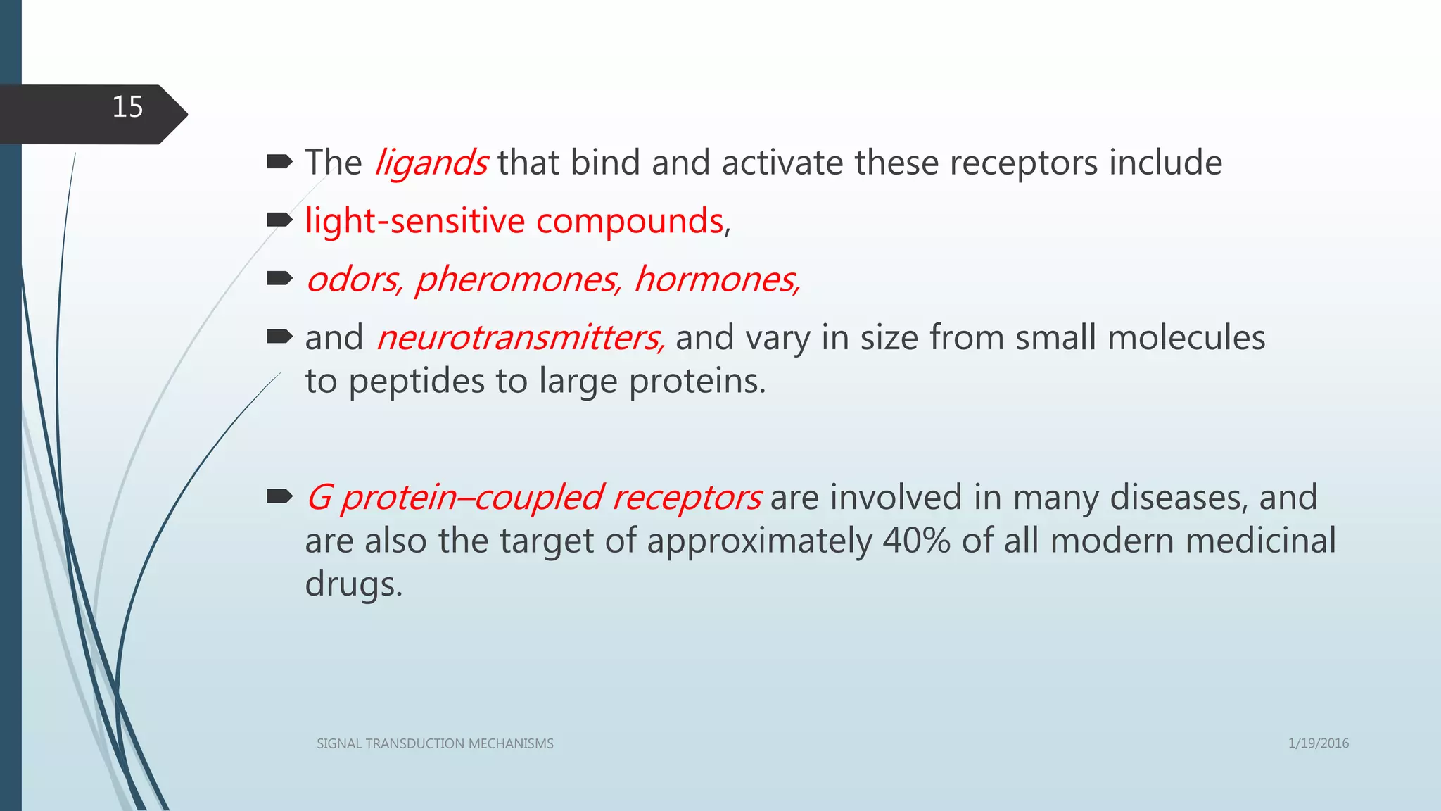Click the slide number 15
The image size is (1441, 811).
(x=127, y=108)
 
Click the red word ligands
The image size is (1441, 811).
(x=431, y=163)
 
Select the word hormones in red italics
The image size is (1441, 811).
(x=716, y=279)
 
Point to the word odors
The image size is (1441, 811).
(x=354, y=279)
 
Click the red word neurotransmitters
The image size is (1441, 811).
(x=519, y=338)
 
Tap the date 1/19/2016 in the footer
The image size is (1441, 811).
(x=1318, y=743)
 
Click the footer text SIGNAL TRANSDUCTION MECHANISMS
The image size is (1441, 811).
(x=435, y=743)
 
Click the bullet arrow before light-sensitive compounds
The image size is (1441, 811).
(x=279, y=220)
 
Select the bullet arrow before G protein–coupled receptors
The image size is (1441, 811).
(x=279, y=497)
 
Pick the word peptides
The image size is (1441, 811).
(x=417, y=382)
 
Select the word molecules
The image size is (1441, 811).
(x=1186, y=338)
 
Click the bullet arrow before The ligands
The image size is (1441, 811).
(x=279, y=163)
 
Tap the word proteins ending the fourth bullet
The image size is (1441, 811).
(x=696, y=382)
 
